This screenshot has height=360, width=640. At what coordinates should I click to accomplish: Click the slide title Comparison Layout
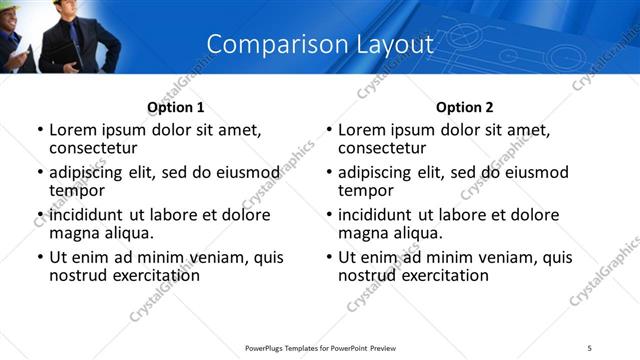point(320,45)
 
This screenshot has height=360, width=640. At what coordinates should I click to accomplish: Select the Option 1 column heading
point(175,107)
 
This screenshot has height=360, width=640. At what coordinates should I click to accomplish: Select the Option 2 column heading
point(464,107)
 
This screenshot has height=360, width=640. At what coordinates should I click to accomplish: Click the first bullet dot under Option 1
point(40,131)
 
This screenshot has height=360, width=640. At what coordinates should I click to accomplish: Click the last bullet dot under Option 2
point(329,258)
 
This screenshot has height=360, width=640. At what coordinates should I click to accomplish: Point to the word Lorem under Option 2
point(361,130)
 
